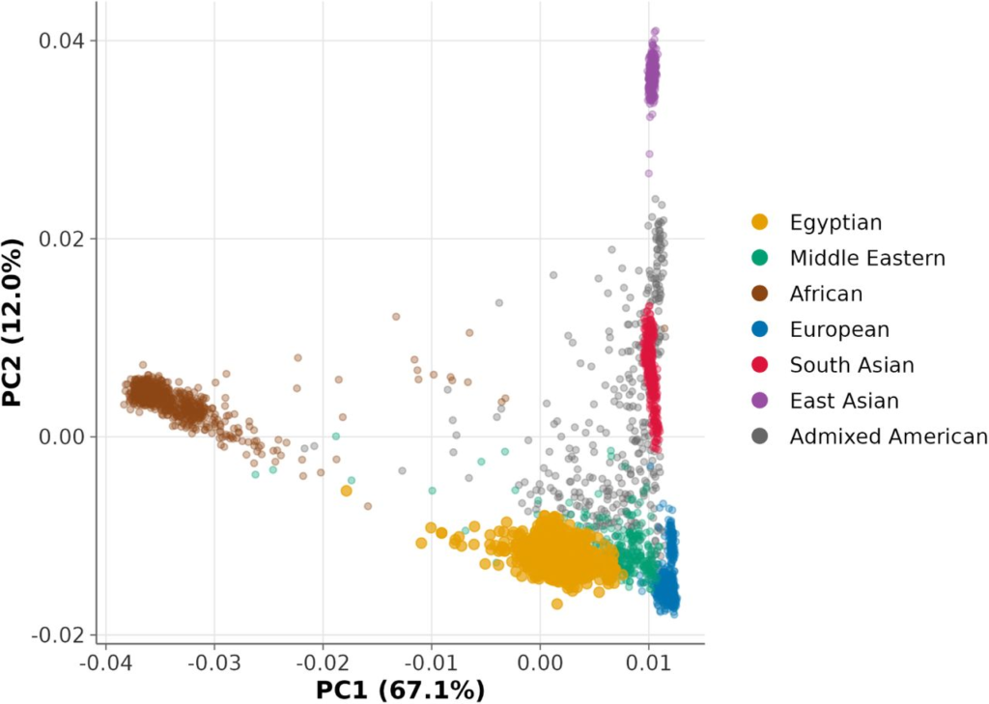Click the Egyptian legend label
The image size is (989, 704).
(x=835, y=223)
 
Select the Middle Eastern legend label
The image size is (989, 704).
(x=867, y=258)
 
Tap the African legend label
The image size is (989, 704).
(x=826, y=294)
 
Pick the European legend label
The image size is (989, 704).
(x=839, y=329)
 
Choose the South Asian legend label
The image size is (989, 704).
(x=852, y=365)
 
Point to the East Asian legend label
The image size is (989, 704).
(x=844, y=401)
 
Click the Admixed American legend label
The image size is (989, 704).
(x=889, y=436)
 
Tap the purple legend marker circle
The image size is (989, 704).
(x=761, y=401)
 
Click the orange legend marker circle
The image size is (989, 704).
(x=761, y=223)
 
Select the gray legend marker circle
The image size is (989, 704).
(x=761, y=436)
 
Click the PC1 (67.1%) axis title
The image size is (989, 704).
(x=400, y=690)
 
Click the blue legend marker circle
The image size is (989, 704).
(x=761, y=329)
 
